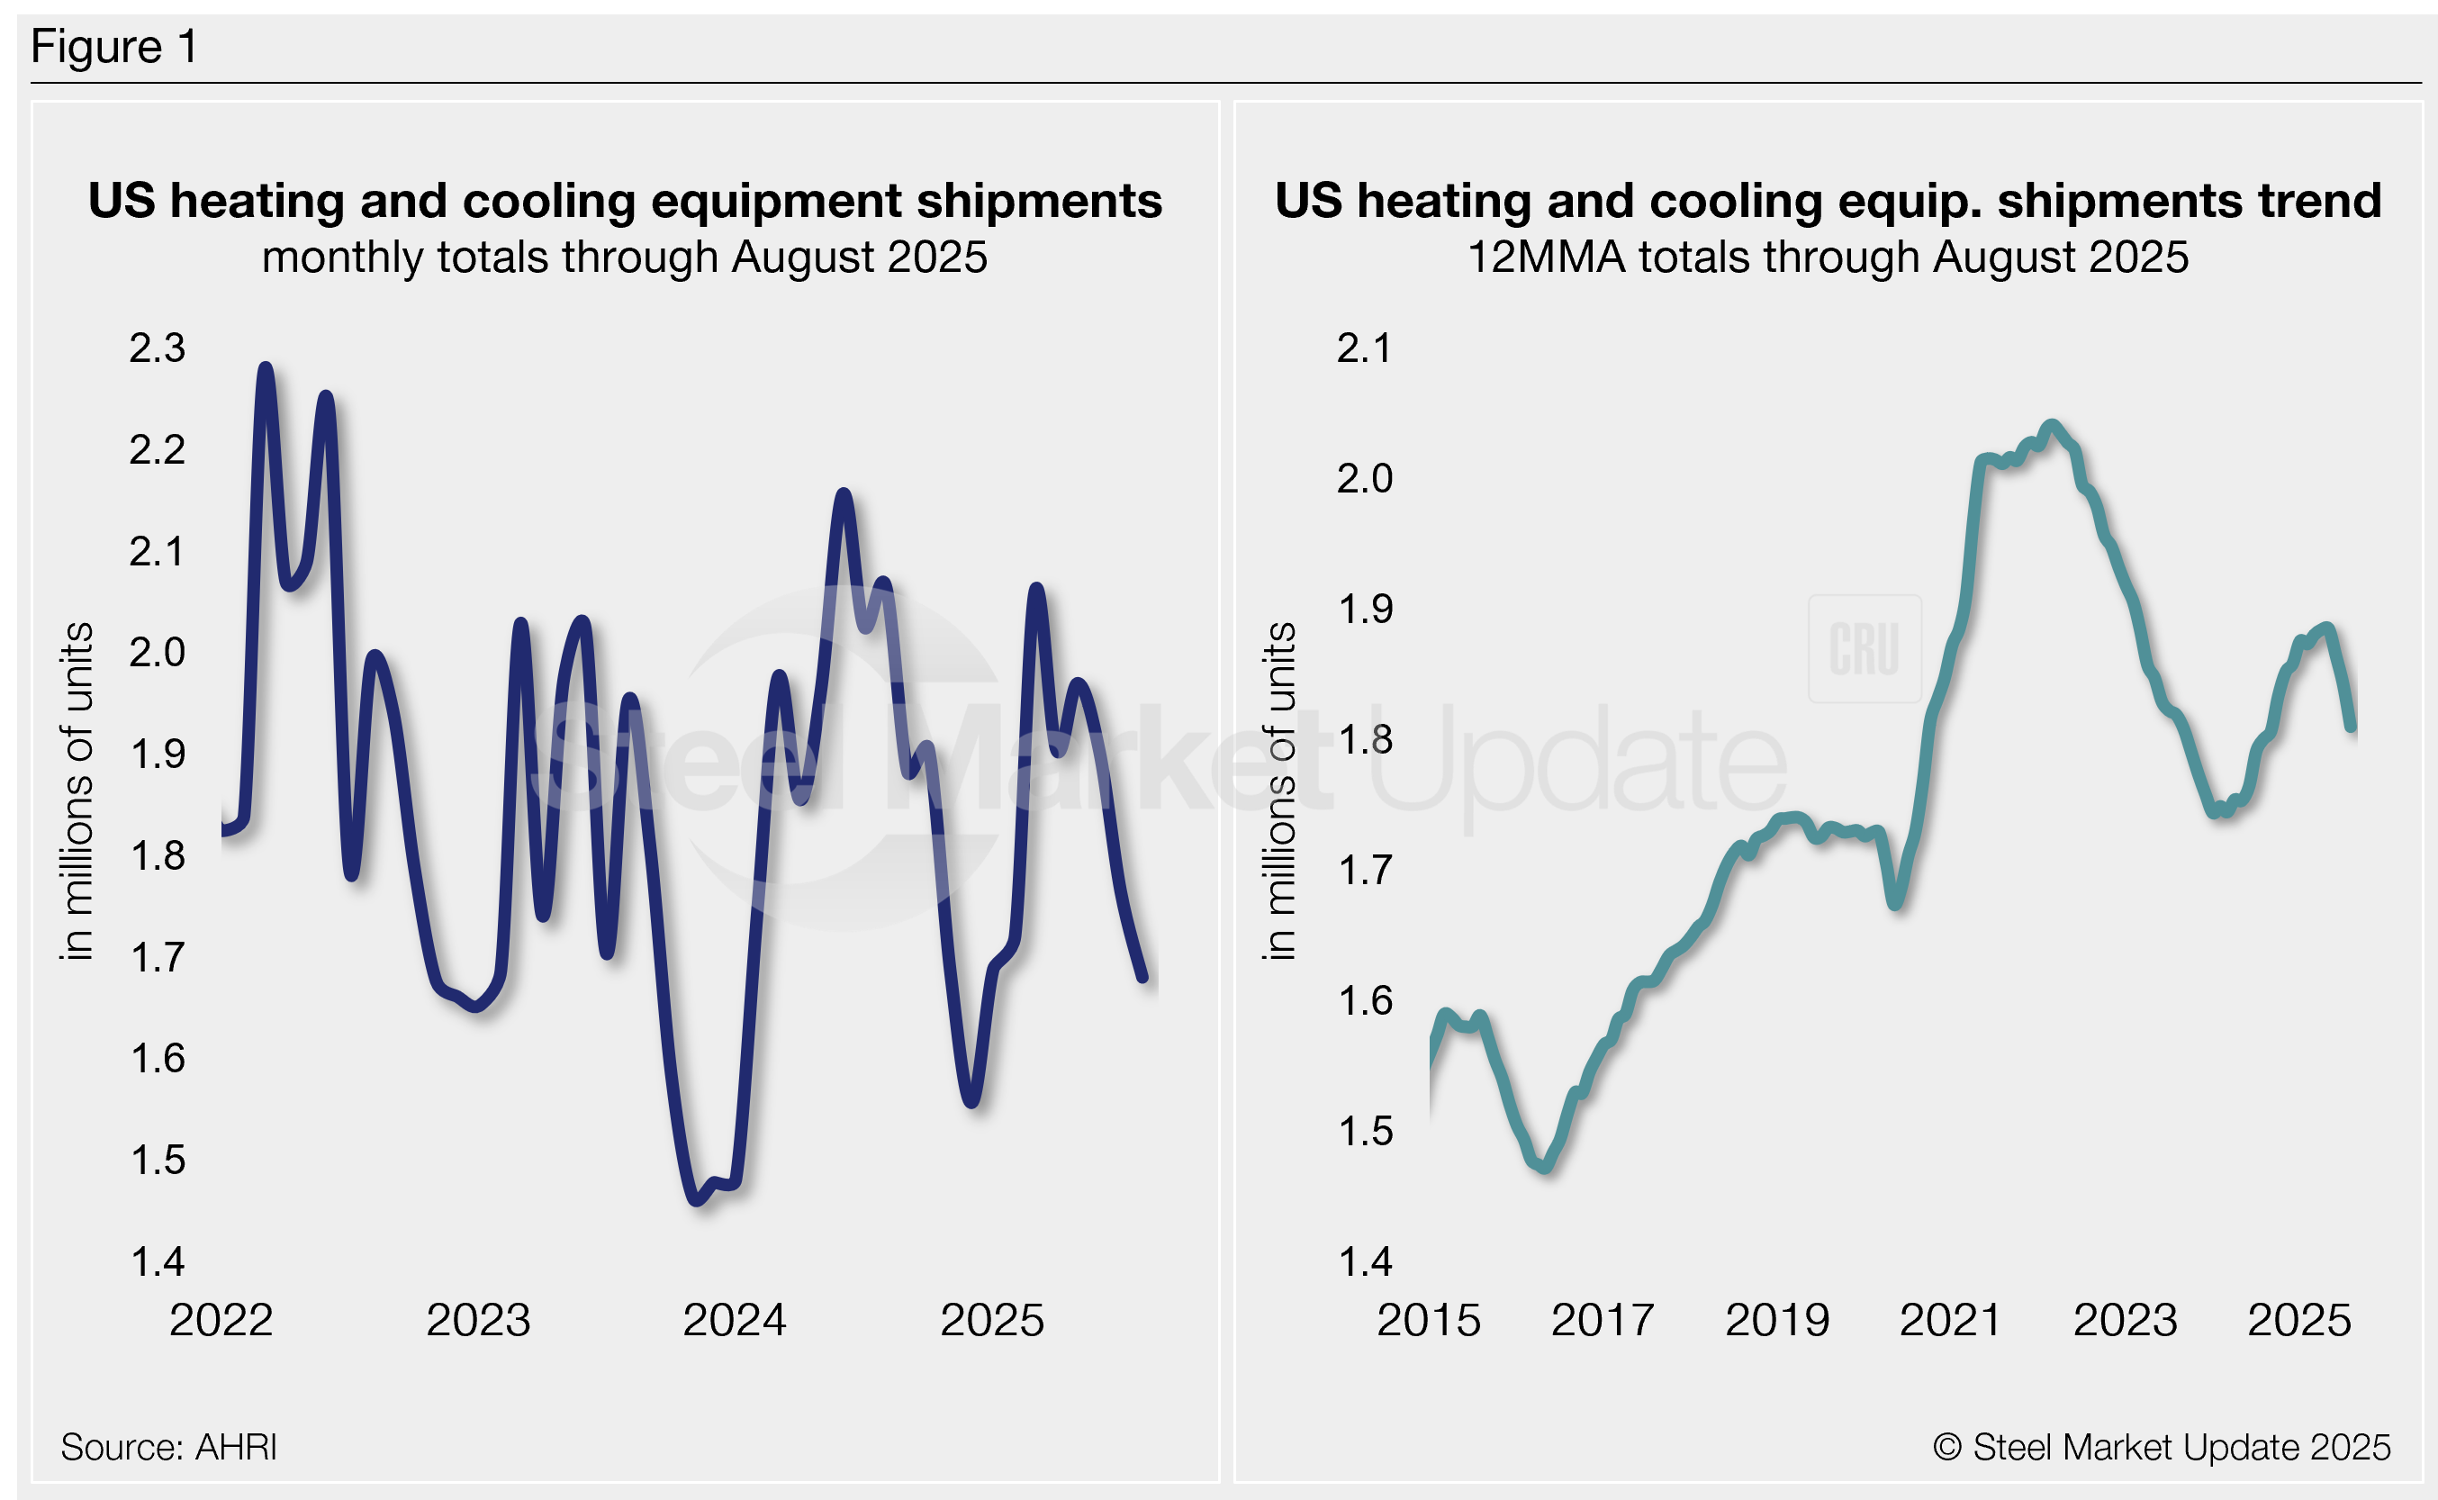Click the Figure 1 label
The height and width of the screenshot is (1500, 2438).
click(x=114, y=47)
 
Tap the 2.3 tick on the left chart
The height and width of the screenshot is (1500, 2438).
click(x=157, y=348)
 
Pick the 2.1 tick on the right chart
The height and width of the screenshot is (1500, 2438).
click(x=1364, y=348)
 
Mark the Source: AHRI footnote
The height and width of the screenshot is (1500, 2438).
click(x=168, y=1448)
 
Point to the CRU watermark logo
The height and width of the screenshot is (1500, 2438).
click(x=1865, y=649)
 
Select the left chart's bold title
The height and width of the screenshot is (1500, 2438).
click(x=625, y=201)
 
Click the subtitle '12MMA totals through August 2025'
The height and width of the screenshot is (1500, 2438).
click(x=1827, y=257)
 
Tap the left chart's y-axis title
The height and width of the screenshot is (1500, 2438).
click(x=77, y=791)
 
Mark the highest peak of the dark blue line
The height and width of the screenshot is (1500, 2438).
click(x=266, y=368)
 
